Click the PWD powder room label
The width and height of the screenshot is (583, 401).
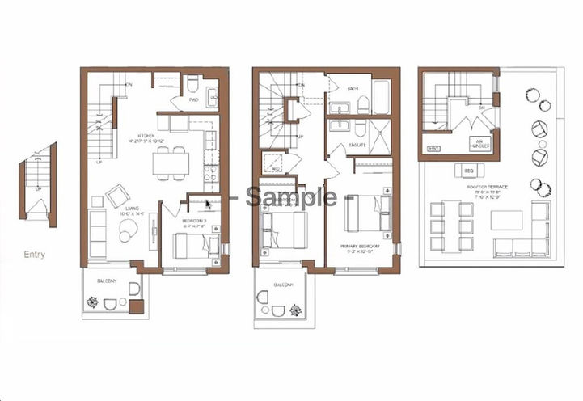[193, 101]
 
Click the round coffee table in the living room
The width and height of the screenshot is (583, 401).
[129, 231]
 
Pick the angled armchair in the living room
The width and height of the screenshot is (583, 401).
[117, 195]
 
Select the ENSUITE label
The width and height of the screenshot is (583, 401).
[356, 146]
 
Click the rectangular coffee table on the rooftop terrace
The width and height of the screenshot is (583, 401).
[506, 220]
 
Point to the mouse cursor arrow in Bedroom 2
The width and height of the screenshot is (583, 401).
[209, 205]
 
